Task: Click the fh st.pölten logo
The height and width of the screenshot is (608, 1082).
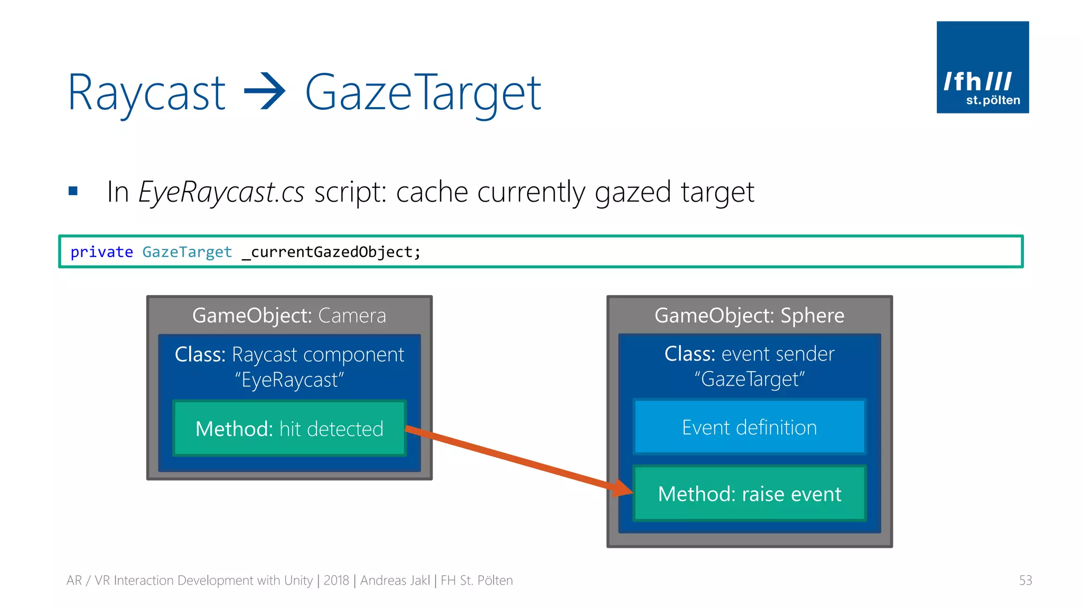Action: [x=982, y=67]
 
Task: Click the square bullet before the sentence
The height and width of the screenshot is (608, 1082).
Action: [x=73, y=191]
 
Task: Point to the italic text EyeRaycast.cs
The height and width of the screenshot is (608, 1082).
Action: [x=221, y=192]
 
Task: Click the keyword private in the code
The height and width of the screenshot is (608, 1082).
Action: [x=101, y=252]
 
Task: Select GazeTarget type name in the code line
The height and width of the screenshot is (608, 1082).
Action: [x=187, y=252]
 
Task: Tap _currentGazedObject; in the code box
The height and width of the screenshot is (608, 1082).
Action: [x=331, y=252]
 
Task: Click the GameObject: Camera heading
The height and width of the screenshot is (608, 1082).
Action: [x=289, y=316]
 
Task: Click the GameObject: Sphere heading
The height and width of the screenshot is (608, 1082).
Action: [x=749, y=316]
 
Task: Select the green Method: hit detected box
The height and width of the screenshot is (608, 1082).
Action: [x=289, y=429]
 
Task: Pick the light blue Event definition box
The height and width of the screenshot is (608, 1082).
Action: [x=749, y=427]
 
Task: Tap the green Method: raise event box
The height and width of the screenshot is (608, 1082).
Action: [x=749, y=494]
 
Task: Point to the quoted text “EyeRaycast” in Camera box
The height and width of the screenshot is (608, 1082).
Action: [x=289, y=380]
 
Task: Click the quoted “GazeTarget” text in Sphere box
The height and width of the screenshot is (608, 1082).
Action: [x=749, y=379]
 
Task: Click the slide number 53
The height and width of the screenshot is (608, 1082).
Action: [x=1025, y=581]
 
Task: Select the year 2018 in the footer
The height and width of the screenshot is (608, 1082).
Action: [x=336, y=581]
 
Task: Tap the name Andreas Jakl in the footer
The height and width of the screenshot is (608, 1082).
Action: [x=395, y=581]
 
